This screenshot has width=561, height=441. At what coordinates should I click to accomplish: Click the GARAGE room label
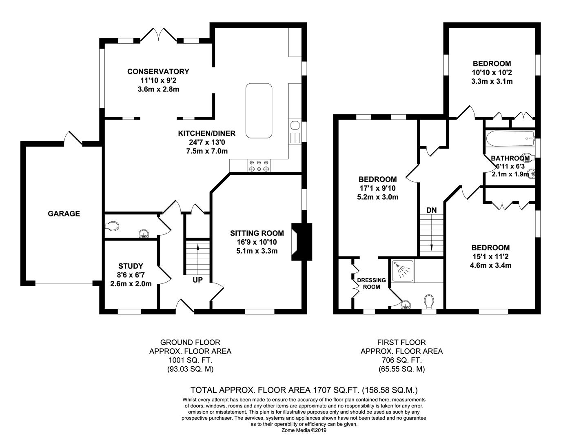64,214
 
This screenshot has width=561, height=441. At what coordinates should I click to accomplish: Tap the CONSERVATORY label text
158,71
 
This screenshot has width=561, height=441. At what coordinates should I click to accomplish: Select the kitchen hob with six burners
259,166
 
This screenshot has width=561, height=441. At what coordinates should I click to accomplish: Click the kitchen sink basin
294,125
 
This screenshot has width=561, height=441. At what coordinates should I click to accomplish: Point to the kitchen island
259,111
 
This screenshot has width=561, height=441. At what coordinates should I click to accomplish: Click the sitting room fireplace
301,242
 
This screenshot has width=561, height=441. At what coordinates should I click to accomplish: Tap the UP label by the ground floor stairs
198,280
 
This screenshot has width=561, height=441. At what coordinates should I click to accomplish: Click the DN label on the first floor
431,210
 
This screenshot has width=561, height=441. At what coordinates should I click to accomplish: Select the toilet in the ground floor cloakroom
112,226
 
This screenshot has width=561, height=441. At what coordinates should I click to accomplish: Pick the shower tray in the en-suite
402,271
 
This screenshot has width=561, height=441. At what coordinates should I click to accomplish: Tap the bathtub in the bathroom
510,139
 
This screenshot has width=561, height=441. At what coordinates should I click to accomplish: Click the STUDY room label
131,266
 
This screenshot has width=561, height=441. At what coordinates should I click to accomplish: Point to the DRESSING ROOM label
372,283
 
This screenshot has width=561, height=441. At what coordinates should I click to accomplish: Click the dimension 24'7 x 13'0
207,143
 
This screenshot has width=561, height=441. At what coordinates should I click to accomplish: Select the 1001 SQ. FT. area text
190,360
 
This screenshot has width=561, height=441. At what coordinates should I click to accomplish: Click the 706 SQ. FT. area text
401,360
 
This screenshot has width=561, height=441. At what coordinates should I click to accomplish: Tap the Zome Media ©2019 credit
304,430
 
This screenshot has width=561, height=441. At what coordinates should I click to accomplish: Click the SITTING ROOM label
257,233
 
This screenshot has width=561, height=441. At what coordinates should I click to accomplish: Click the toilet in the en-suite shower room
429,301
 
